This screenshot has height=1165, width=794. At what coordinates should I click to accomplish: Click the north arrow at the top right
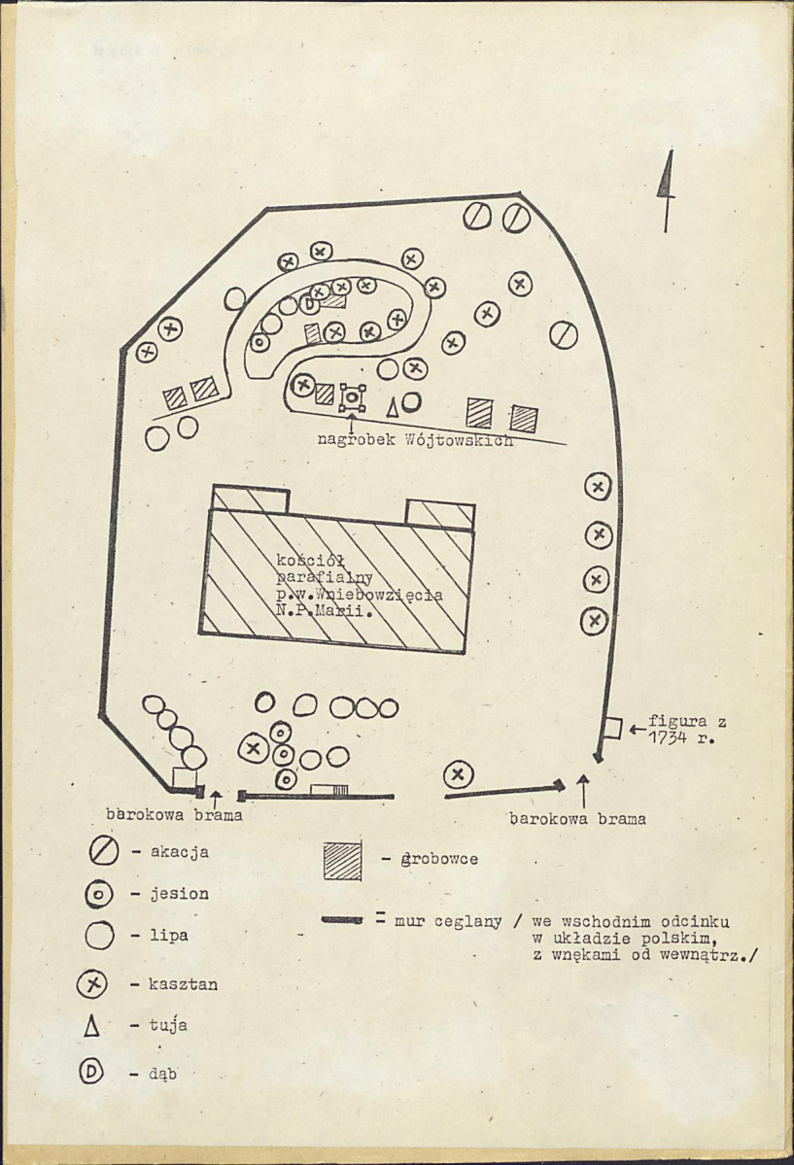[x=667, y=188]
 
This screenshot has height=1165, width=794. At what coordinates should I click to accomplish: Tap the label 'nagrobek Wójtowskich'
[x=415, y=439]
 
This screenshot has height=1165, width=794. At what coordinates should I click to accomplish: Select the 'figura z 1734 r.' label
[x=686, y=729]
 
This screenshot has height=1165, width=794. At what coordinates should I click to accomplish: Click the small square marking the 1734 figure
[x=612, y=726]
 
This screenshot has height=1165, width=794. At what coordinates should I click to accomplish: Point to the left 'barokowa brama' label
[x=174, y=815]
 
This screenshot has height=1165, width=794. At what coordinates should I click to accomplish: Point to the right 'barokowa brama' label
[x=577, y=818]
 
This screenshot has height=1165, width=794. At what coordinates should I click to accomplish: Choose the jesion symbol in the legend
[x=100, y=894]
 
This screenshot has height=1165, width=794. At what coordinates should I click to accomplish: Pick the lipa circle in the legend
[x=100, y=936]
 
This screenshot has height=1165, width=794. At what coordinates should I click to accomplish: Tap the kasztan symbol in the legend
[x=92, y=984]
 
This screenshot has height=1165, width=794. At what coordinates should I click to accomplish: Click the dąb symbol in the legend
[x=92, y=1073]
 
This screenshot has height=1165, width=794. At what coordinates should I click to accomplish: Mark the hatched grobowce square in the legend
[x=342, y=859]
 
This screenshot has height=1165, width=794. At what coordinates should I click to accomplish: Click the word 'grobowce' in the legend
[x=439, y=859]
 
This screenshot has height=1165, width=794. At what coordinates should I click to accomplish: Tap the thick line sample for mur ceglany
[x=342, y=918]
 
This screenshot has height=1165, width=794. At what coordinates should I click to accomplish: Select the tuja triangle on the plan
[x=393, y=406]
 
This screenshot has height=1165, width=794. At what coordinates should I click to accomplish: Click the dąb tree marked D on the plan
[x=310, y=304]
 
